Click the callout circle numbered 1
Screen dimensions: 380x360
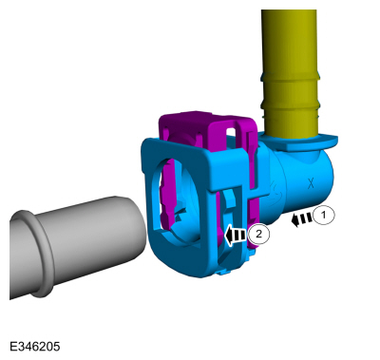[x=324, y=216]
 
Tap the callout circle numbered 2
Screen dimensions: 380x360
[x=258, y=235]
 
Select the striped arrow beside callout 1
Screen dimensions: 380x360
[x=302, y=219]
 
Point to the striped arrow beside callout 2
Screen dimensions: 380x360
[x=236, y=236]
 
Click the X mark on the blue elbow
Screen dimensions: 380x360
[x=311, y=183]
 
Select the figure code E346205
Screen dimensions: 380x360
[x=34, y=347]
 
